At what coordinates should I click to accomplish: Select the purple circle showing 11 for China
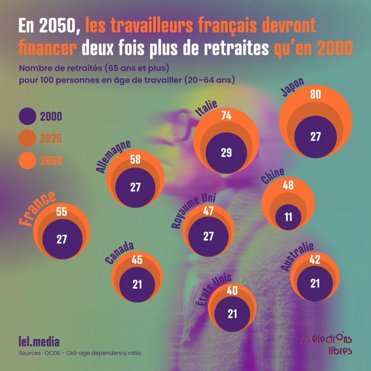coord(289,216)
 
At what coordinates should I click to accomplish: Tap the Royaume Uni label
coord(193,211)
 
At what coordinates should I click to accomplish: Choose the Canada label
coord(119,253)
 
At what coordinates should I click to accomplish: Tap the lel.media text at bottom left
coord(39,341)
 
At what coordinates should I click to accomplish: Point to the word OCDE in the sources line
coord(55,353)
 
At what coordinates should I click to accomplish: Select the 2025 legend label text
coord(51,139)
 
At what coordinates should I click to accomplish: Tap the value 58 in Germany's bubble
coord(135,160)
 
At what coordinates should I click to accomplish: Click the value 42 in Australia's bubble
coord(315,260)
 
